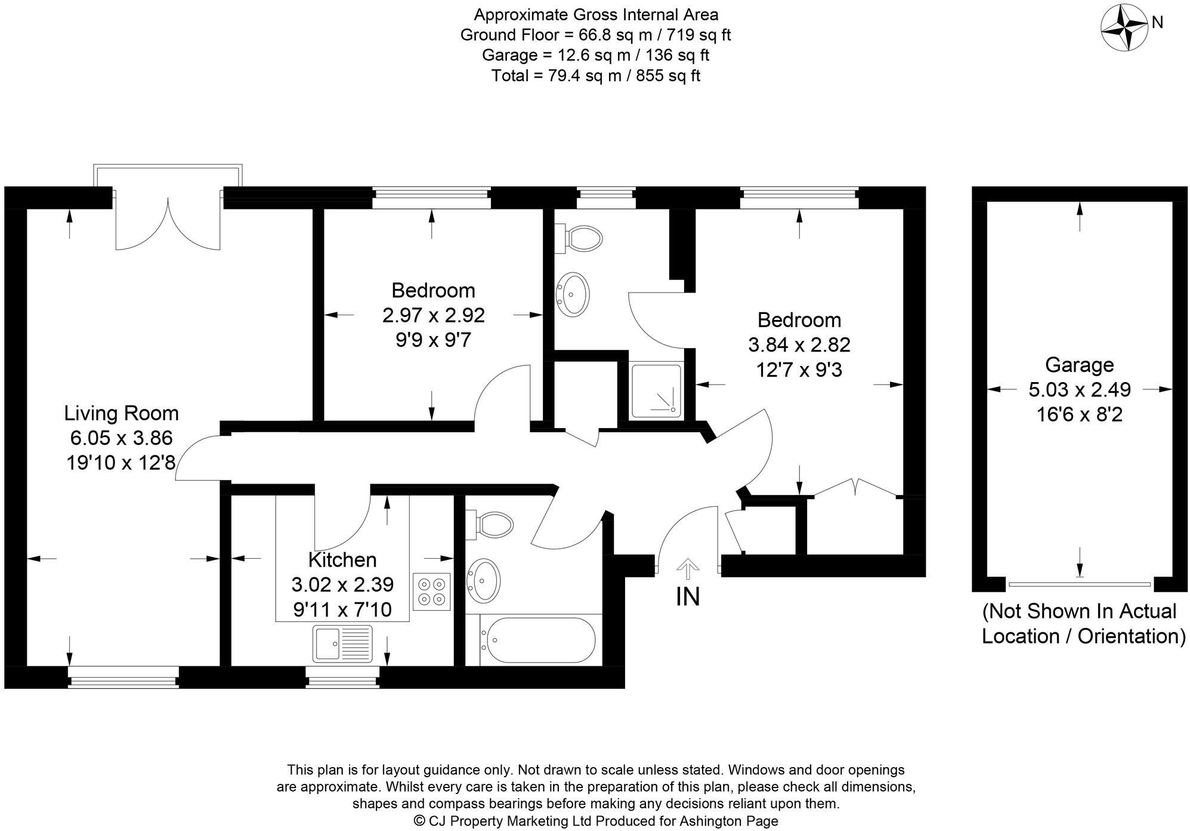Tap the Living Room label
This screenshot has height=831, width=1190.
click(x=122, y=413)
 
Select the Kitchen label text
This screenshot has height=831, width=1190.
click(x=342, y=560)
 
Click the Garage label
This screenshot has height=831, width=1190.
click(x=1079, y=365)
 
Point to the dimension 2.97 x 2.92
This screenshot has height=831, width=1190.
click(x=434, y=315)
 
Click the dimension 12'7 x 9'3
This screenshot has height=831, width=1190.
click(x=799, y=370)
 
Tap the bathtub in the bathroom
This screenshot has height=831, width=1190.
click(x=540, y=641)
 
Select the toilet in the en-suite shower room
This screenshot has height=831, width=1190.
click(x=580, y=238)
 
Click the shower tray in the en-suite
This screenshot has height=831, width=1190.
click(x=656, y=390)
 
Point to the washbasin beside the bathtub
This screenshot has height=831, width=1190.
click(x=484, y=580)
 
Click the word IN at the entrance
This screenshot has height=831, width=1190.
click(x=688, y=597)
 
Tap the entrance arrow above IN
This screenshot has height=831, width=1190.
click(x=688, y=568)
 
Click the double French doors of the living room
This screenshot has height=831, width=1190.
click(x=168, y=224)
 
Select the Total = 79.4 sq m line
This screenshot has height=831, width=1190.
click(x=595, y=76)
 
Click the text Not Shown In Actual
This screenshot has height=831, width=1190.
click(x=1080, y=611)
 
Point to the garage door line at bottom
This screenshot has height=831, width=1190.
click(x=1079, y=584)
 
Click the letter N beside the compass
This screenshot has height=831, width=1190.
click(x=1157, y=23)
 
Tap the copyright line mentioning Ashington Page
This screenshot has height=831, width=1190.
click(x=595, y=821)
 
